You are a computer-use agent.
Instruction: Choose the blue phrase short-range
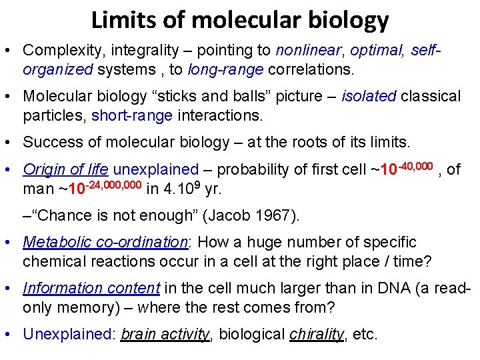point(132,115)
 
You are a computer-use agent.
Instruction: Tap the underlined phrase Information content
point(91,289)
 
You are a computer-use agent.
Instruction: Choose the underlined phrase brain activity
point(165,334)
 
